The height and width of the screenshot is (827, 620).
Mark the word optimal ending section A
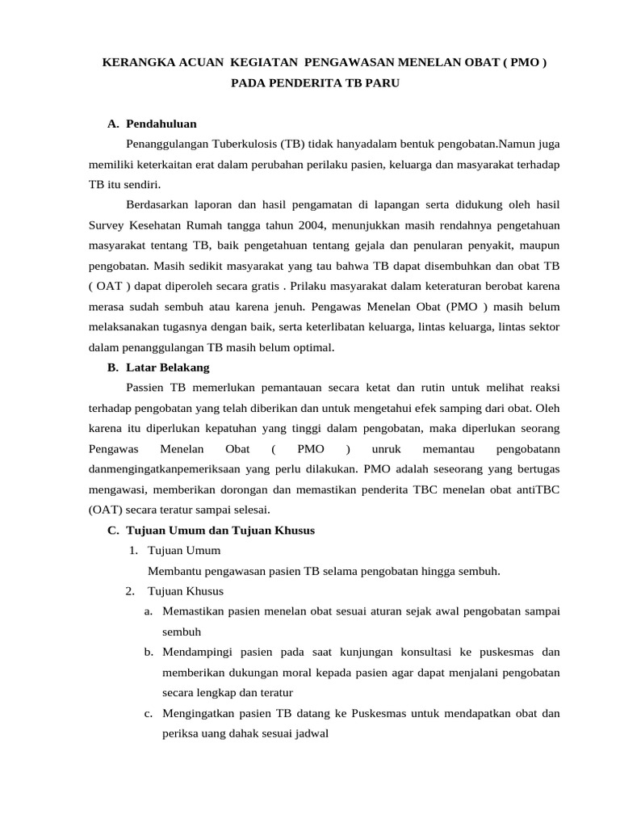tap(310, 346)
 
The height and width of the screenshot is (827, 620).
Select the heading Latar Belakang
tap(167, 367)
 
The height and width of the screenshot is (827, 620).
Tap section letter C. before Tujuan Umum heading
tap(113, 530)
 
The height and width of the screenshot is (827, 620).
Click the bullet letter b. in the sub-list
tap(149, 652)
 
